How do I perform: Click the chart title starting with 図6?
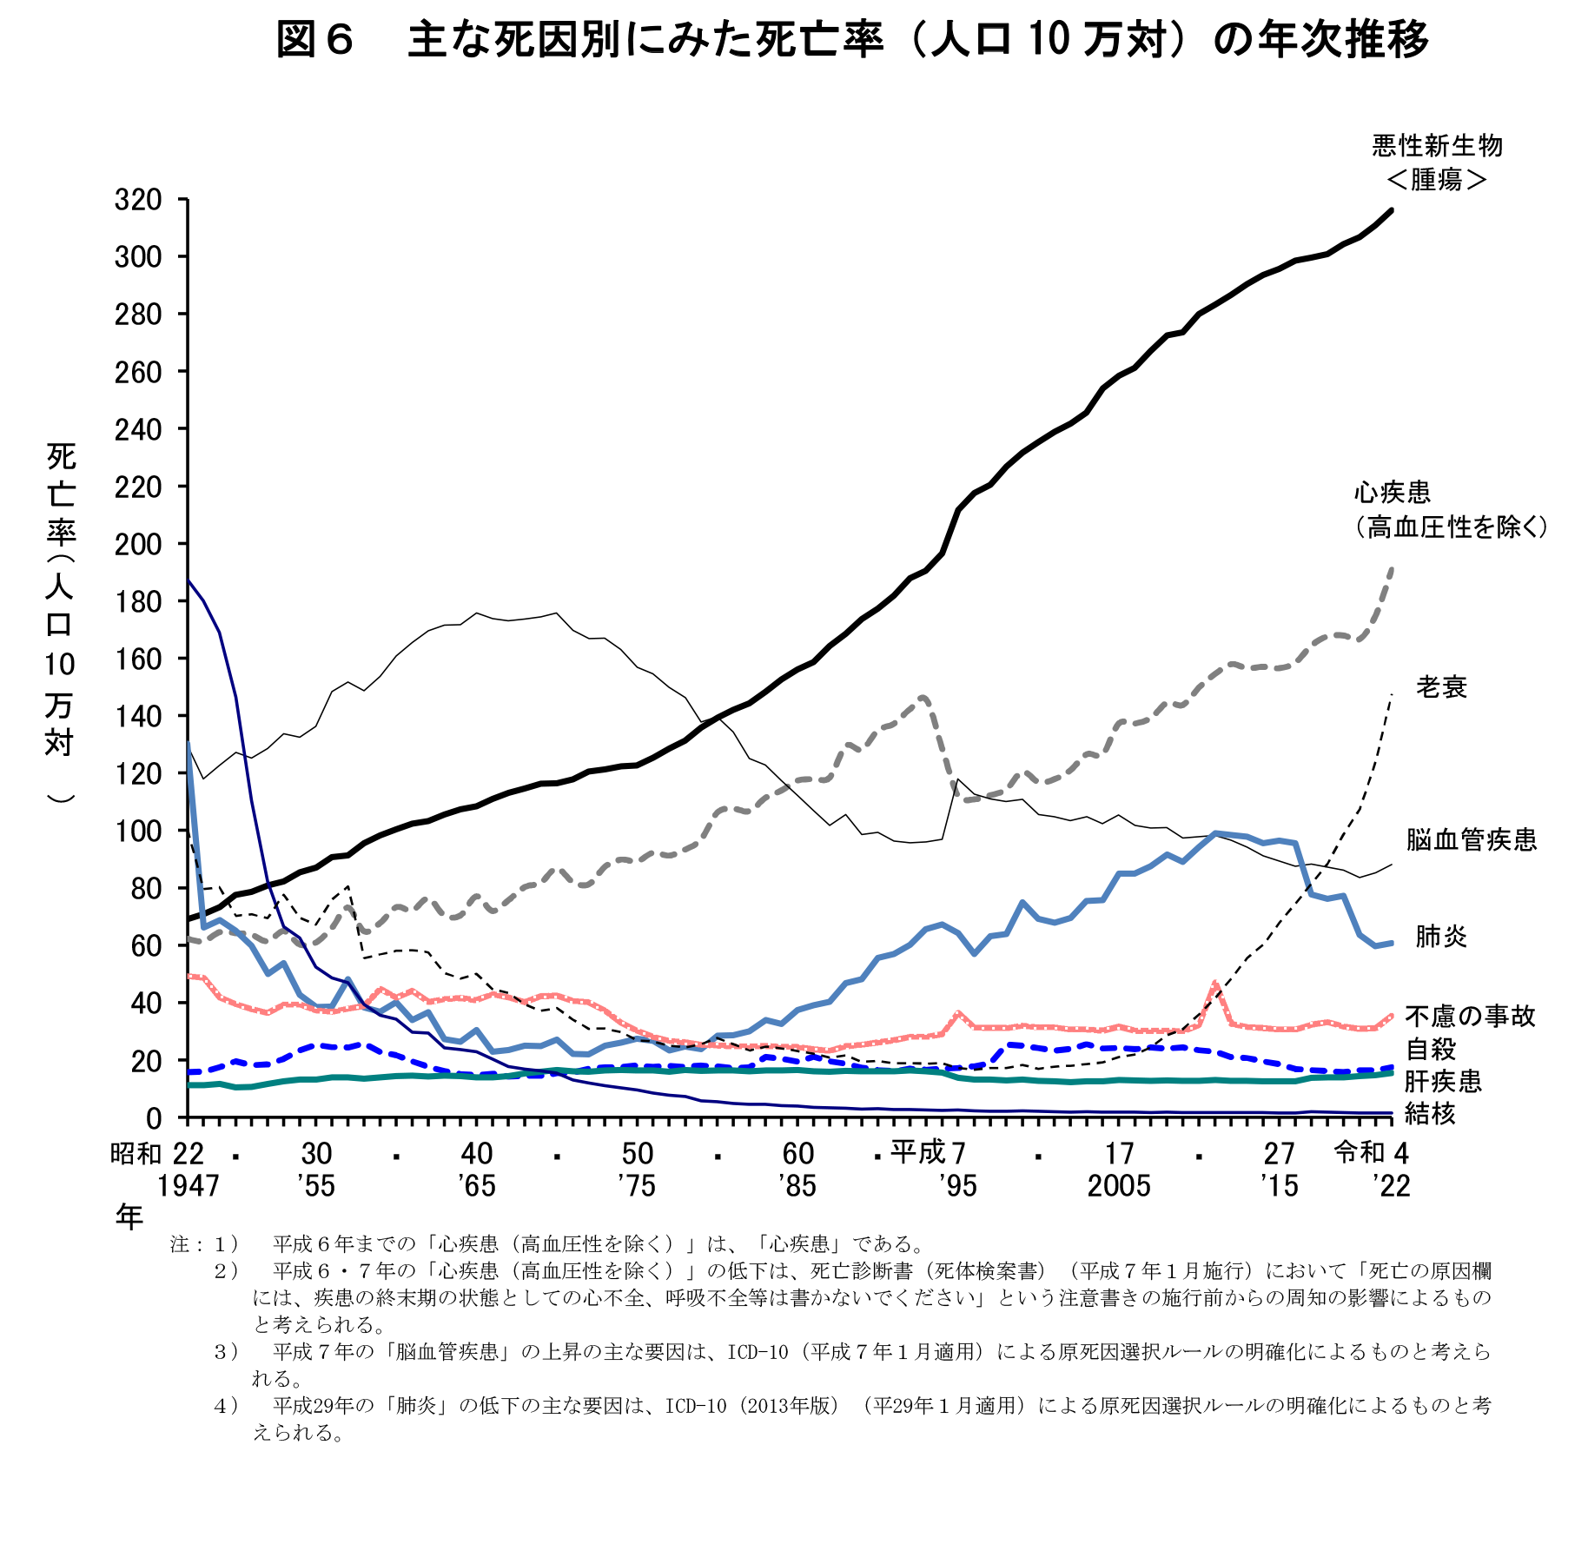tap(851, 40)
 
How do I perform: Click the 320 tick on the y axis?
tap(138, 200)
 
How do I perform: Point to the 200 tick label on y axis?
tap(138, 544)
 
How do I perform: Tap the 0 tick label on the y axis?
tap(153, 1117)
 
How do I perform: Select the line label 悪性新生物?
tap(1437, 146)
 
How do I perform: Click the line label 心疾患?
tap(1392, 493)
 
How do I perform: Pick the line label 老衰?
tap(1441, 687)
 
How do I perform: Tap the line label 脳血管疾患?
tap(1472, 839)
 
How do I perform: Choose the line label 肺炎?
tap(1441, 936)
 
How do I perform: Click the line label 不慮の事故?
tap(1470, 1016)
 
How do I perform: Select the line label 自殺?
tap(1430, 1049)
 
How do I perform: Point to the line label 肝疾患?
tap(1442, 1081)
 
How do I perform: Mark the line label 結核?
tap(1430, 1113)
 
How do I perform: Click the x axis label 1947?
tap(188, 1185)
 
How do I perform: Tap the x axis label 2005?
tap(1119, 1185)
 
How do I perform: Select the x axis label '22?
tap(1391, 1185)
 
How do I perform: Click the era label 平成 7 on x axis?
tap(928, 1153)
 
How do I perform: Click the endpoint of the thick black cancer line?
tap(1392, 210)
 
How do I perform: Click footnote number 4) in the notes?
tap(226, 1405)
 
